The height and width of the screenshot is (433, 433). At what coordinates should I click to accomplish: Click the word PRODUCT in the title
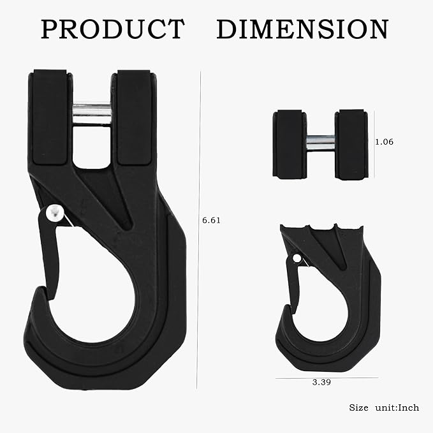pyautogui.click(x=113, y=29)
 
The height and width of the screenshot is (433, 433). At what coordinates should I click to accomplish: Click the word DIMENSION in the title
pyautogui.click(x=302, y=29)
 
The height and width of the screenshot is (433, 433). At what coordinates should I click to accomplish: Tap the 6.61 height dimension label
pyautogui.click(x=211, y=220)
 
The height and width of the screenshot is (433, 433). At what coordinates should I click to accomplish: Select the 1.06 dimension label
pyautogui.click(x=384, y=142)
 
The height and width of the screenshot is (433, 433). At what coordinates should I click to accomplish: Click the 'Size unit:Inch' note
pyautogui.click(x=383, y=407)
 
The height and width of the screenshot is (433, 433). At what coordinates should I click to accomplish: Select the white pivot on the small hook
pyautogui.click(x=296, y=258)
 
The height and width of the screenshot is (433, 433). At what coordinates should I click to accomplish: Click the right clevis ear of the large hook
pyautogui.click(x=133, y=118)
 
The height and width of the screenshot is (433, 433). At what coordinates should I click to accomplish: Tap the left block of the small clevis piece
pyautogui.click(x=289, y=143)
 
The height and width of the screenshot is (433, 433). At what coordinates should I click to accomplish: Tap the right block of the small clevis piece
pyautogui.click(x=351, y=143)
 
